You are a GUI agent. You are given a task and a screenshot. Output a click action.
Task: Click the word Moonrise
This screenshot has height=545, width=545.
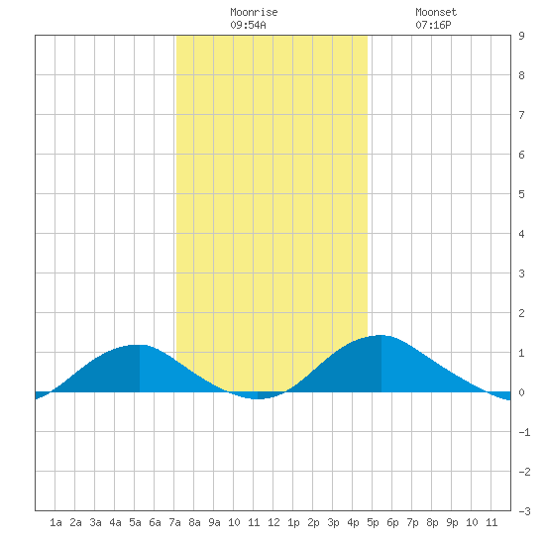[x=254, y=12]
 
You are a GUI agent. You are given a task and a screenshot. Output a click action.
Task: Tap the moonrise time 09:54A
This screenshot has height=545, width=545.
[x=248, y=25]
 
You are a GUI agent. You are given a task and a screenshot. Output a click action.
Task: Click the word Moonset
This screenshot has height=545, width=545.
[x=436, y=12]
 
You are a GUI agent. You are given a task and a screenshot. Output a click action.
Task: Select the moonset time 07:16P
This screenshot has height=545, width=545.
[x=433, y=25]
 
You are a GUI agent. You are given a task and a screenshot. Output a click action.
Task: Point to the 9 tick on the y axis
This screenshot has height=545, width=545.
[x=521, y=36]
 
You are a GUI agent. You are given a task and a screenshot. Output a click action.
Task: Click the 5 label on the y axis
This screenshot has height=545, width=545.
[x=521, y=194]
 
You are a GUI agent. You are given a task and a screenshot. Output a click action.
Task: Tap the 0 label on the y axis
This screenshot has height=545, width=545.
[x=521, y=392]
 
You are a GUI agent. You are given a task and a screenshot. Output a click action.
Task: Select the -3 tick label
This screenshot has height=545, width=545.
[x=524, y=511]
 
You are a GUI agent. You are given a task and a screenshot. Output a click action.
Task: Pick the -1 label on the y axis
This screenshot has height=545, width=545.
[x=524, y=432]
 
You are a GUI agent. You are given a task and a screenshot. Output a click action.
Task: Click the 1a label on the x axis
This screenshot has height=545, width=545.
[x=55, y=522]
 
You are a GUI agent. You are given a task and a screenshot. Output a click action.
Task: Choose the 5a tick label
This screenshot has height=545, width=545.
[x=135, y=522]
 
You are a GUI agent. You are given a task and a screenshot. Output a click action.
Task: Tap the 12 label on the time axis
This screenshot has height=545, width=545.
[x=273, y=522]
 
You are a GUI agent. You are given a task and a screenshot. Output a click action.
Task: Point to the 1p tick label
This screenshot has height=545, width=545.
[x=293, y=522]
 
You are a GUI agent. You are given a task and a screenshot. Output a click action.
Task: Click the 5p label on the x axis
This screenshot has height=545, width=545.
[x=373, y=522]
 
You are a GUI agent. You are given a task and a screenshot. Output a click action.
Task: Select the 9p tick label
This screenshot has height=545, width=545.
[x=452, y=522]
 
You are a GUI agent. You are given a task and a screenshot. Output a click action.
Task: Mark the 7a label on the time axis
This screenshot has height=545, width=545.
[x=174, y=522]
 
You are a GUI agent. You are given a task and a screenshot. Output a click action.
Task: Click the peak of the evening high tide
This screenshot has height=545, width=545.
[x=381, y=335]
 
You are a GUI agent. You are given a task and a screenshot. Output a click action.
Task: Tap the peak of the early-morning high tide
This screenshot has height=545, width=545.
[x=140, y=345]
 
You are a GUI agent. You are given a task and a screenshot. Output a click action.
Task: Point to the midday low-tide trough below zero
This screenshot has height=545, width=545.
[x=258, y=398]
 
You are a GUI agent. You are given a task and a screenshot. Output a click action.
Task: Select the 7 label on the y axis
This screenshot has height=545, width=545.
[x=521, y=115]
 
